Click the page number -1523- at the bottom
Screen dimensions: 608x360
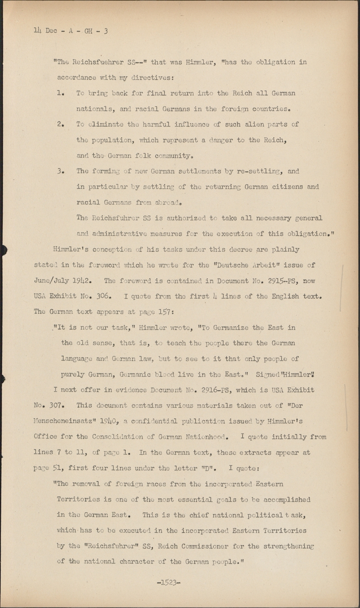tap(168, 582)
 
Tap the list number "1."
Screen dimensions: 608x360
tap(61, 94)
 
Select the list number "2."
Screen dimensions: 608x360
tap(61, 125)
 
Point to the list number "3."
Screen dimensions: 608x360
tap(61, 171)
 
